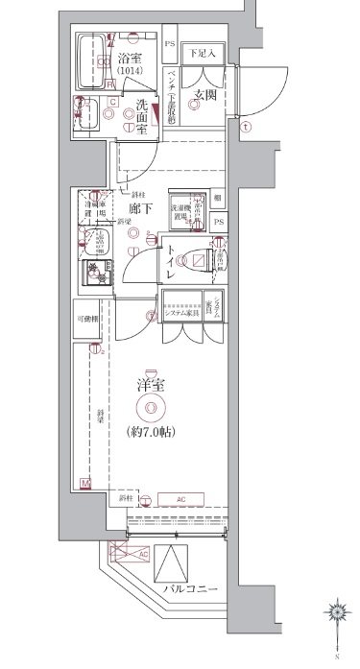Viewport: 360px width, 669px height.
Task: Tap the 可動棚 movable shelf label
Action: click(88, 318)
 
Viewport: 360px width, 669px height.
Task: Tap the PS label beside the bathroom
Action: click(170, 45)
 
